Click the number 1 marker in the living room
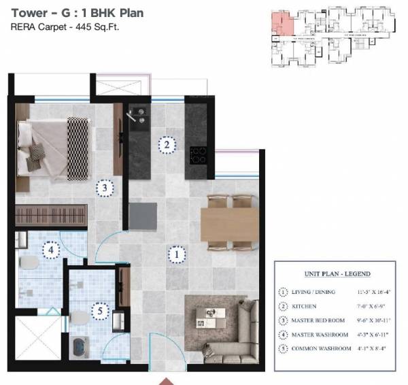(x=176, y=255)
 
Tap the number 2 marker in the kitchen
(x=165, y=144)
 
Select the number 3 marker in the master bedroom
(x=104, y=187)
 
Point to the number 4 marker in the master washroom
(x=50, y=250)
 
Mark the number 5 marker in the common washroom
(x=100, y=312)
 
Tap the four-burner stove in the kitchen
(x=198, y=155)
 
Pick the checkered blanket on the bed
(x=78, y=148)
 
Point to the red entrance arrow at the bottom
(x=165, y=380)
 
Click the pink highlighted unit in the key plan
(x=282, y=24)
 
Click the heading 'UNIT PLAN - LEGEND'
(x=337, y=274)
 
